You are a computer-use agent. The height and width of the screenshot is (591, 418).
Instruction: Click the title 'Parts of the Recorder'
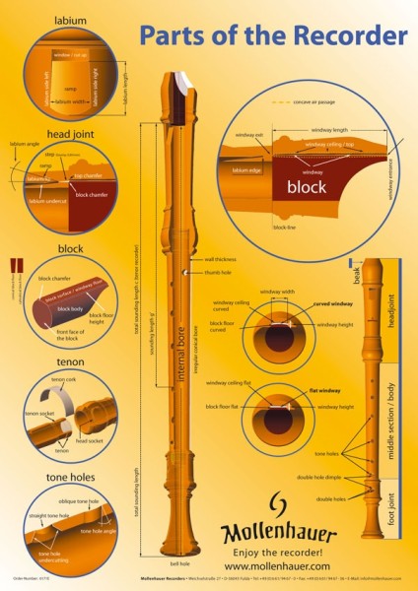(x=272, y=36)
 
